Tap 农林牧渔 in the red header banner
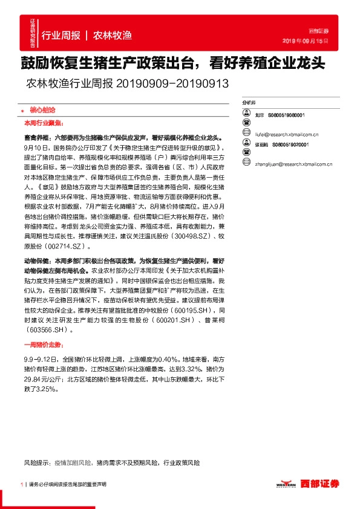[x=113, y=35]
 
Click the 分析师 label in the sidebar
[x=248, y=103]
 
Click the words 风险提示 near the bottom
[x=37, y=462]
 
